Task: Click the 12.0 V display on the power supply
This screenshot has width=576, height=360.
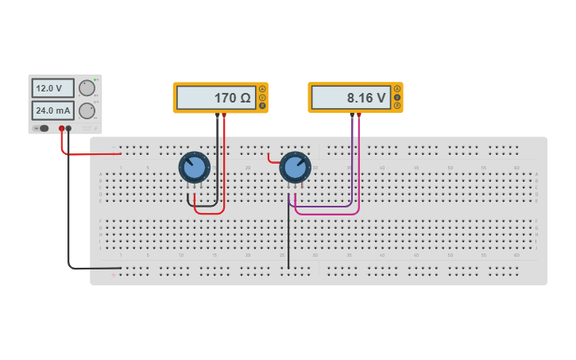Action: point(52,88)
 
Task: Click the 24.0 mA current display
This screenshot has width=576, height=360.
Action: point(52,110)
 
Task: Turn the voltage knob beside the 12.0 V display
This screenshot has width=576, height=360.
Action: point(86,88)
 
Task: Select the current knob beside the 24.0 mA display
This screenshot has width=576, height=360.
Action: point(86,110)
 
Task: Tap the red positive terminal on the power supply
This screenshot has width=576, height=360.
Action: point(61,128)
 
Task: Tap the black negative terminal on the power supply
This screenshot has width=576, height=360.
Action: point(68,128)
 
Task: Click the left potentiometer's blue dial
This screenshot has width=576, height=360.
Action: point(194,168)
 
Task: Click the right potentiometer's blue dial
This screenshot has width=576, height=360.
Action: point(295,168)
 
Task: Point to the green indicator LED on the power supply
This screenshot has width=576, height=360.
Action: point(96,79)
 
